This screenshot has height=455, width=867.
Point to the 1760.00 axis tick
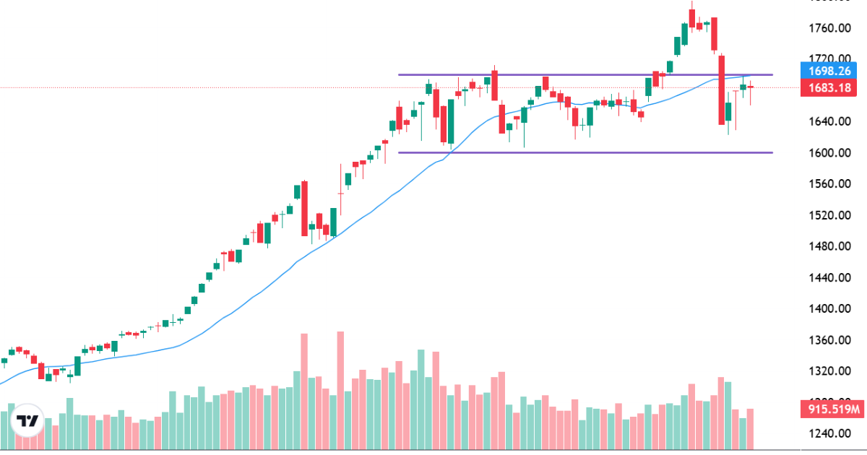(x=827, y=28)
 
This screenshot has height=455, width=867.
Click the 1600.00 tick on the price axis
(x=827, y=152)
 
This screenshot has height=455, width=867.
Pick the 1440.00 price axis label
(x=827, y=277)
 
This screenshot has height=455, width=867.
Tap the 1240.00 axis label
(x=827, y=433)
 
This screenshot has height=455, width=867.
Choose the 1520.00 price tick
(x=827, y=215)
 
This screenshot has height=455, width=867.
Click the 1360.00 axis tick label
(x=827, y=340)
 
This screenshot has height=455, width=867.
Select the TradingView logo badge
(x=27, y=421)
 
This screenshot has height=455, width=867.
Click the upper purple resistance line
(x=578, y=74)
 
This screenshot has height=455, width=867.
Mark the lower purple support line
(x=578, y=152)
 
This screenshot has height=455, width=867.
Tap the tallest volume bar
(x=340, y=390)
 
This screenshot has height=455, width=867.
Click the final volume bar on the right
(x=751, y=428)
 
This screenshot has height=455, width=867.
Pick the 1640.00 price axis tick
(x=827, y=121)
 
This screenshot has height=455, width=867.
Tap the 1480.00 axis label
(x=827, y=246)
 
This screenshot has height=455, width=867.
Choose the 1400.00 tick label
(x=827, y=308)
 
